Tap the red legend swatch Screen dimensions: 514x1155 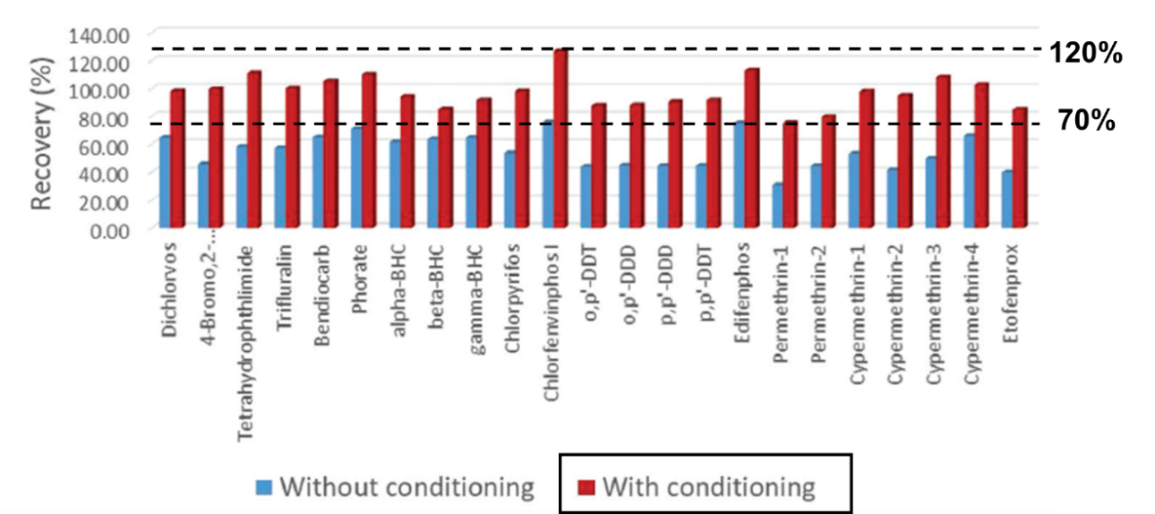point(586,488)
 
